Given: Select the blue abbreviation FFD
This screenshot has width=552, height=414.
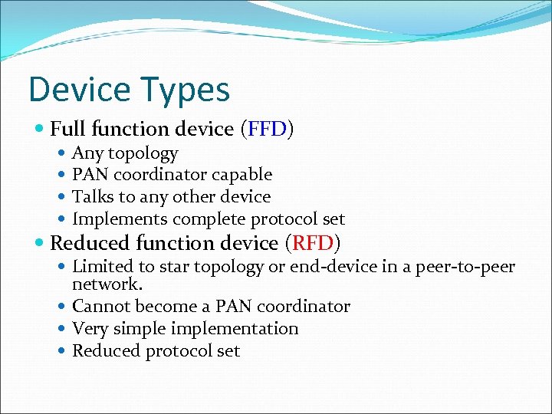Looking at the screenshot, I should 265,130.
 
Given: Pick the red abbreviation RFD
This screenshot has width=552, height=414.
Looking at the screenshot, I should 312,244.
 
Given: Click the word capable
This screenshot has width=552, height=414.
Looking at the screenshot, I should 244,175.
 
